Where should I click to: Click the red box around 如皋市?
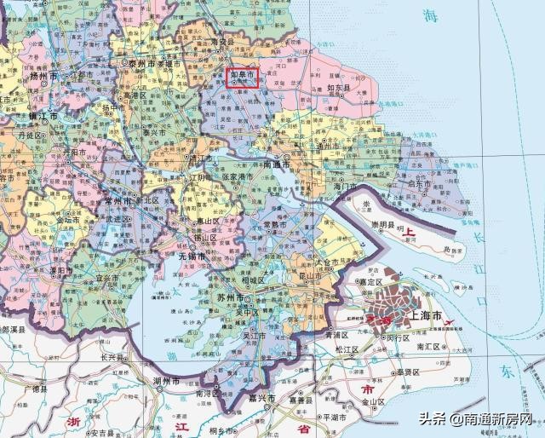pyautogui.click(x=243, y=77)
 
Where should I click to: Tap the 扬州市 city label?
pyautogui.click(x=42, y=77)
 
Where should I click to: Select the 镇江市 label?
pyautogui.click(x=42, y=115)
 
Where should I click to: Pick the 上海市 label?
pyautogui.click(x=426, y=315)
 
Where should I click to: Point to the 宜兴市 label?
pyautogui.click(x=106, y=278)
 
